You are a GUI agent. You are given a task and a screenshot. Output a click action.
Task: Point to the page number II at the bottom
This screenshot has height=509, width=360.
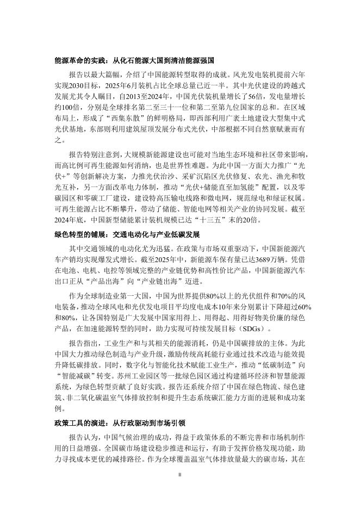(180, 491)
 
